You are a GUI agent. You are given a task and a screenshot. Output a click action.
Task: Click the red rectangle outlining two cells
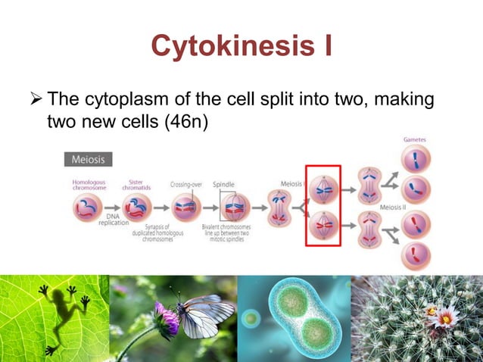pyautogui.click(x=323, y=205)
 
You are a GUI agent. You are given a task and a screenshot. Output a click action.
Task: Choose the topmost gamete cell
pyautogui.click(x=416, y=160)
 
